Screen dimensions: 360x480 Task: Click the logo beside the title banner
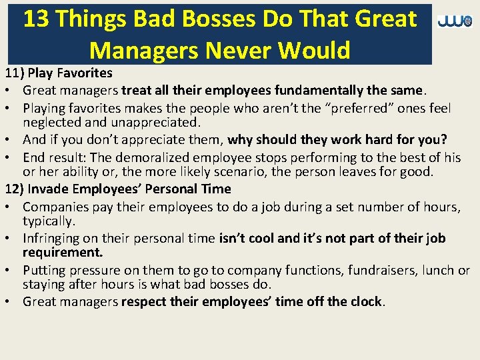455,21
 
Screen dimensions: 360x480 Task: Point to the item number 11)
16,73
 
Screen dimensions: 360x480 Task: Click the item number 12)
16,189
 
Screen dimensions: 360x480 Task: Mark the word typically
47,221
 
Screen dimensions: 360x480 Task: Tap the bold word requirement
62,253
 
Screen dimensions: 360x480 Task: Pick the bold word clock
367,301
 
